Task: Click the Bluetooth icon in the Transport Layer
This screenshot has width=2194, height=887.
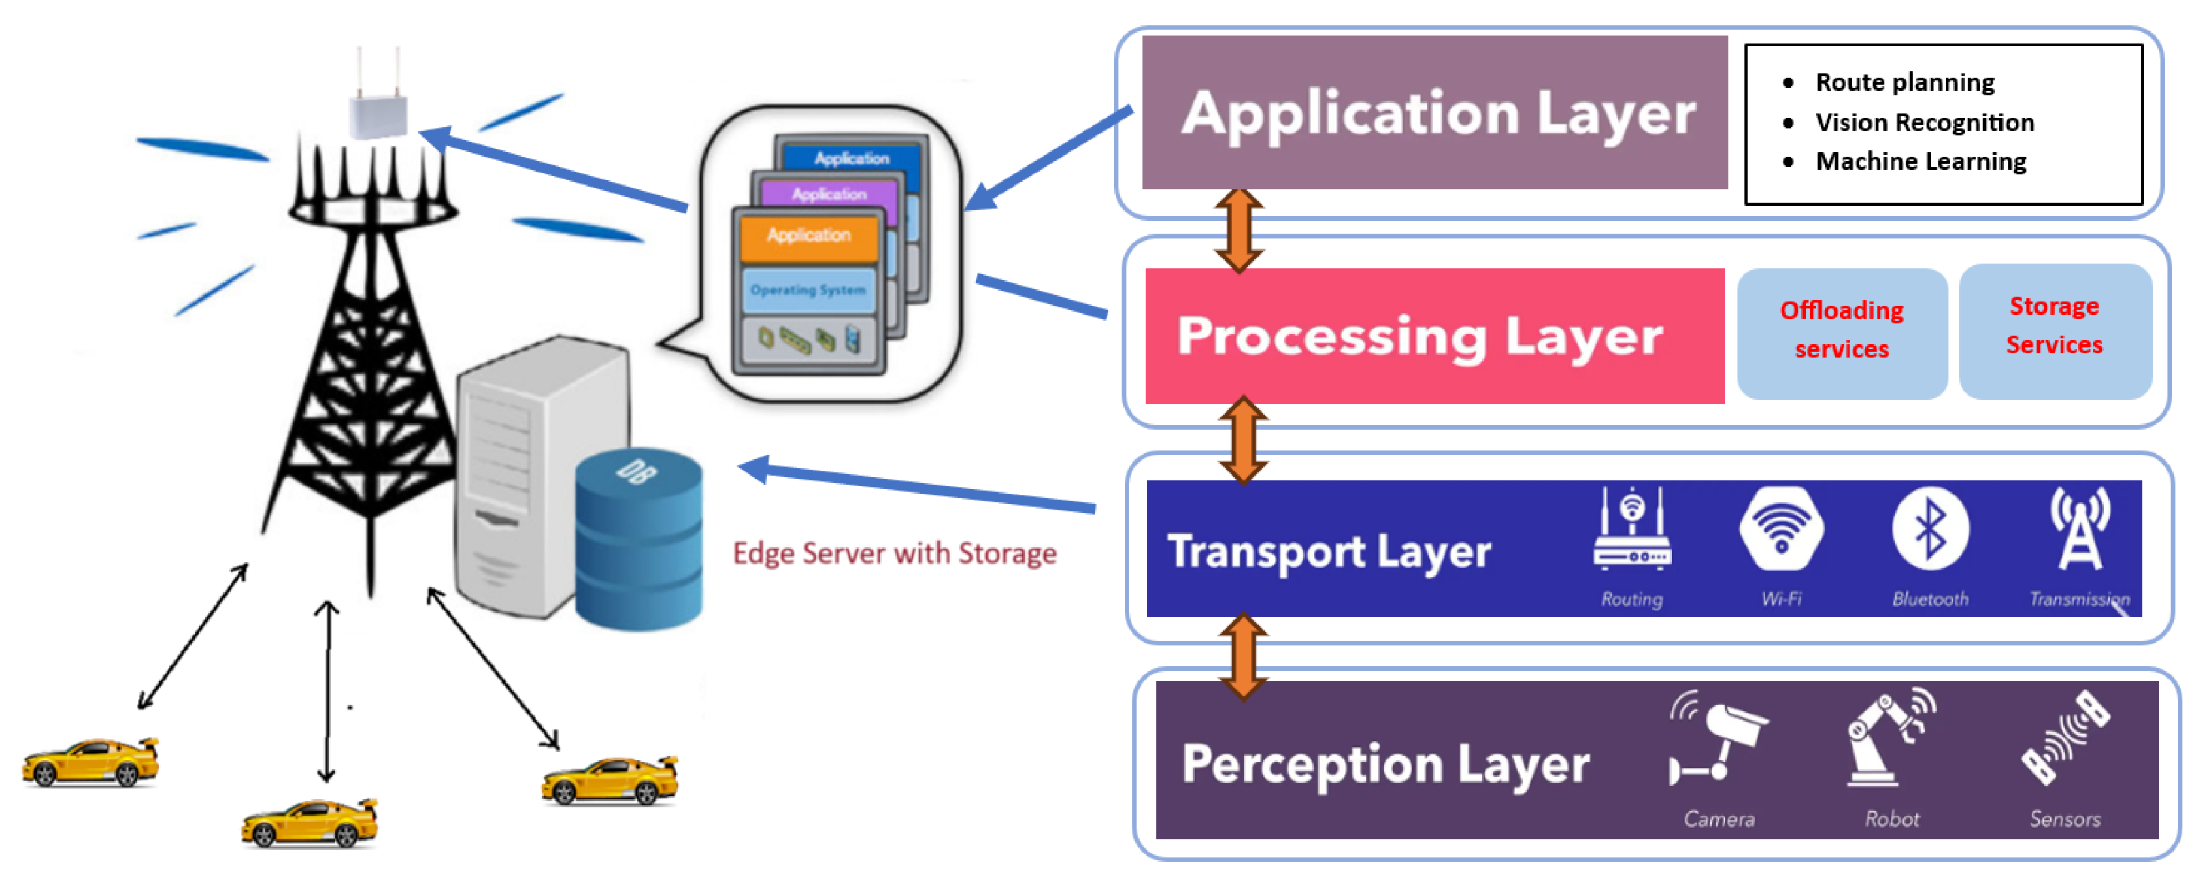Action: click(1930, 530)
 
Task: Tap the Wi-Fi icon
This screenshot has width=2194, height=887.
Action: click(1781, 530)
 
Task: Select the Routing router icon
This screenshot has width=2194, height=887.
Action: click(1632, 530)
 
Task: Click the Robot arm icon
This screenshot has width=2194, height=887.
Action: click(1890, 738)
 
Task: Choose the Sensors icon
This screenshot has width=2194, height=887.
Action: click(2065, 738)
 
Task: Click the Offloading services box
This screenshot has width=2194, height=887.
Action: click(1842, 331)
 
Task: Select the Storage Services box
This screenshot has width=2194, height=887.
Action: click(2055, 327)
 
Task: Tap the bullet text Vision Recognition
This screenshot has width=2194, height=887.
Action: click(1924, 123)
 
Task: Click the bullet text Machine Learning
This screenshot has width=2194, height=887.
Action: click(1920, 162)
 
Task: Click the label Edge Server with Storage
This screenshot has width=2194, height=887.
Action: click(895, 554)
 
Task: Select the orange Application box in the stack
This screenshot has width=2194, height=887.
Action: click(809, 237)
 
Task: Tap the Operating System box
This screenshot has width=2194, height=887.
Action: click(808, 291)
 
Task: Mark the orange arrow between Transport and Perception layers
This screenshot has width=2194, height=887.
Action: click(1243, 656)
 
